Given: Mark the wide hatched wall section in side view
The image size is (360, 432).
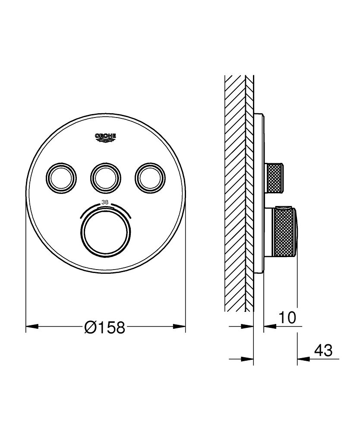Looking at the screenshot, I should point(235,194).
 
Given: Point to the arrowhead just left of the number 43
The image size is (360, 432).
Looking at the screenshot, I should point(302,359).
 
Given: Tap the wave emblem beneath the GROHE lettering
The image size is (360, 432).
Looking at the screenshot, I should point(106,140).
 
